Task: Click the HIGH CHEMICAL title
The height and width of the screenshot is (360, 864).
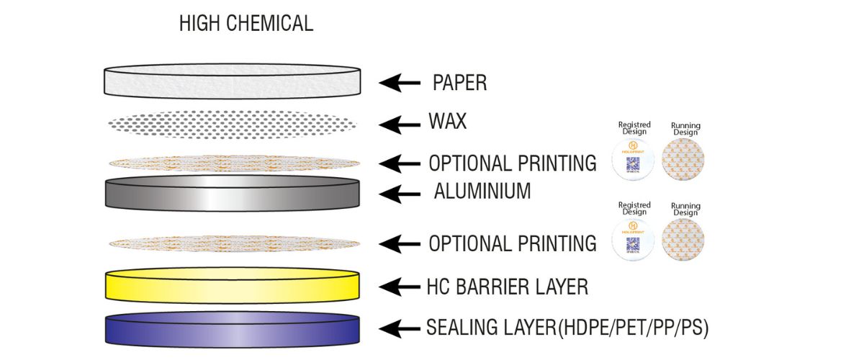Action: pos(246,24)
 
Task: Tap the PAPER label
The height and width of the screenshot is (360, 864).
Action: pos(459,83)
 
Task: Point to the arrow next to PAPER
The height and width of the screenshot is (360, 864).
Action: pos(400,84)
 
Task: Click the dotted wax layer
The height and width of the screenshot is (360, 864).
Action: pos(232,124)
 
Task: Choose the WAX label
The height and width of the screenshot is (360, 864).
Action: pos(447,122)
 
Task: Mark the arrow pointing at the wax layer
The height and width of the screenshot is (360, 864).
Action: pos(400,125)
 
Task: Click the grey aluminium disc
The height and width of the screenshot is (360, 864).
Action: pos(232,193)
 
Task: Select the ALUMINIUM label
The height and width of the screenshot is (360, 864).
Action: pos(482,192)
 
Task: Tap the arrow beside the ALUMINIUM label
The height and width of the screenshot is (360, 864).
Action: pos(400,193)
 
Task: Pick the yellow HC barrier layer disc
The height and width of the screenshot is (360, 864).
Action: pos(232,287)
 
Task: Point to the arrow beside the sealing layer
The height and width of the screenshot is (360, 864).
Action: pos(400,329)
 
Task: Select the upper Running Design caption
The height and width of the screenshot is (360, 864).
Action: pos(685,129)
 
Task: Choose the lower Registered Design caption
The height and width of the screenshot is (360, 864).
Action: pos(634,209)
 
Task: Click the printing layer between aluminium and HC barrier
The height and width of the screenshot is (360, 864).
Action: pos(232,243)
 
